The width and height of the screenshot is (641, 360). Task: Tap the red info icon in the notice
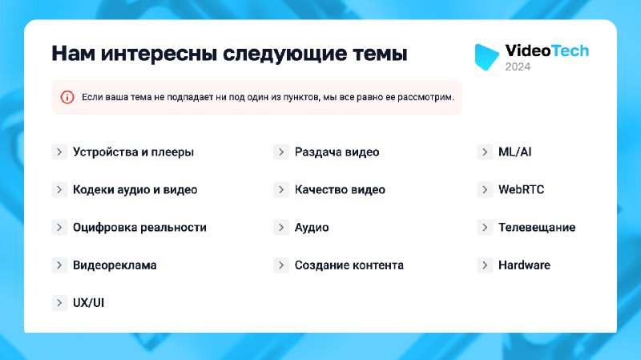pyautogui.click(x=67, y=97)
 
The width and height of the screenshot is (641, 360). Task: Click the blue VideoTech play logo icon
pyautogui.click(x=486, y=56)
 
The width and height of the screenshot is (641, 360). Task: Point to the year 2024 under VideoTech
pyautogui.click(x=518, y=67)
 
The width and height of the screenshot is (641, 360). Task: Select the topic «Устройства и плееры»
pyautogui.click(x=133, y=152)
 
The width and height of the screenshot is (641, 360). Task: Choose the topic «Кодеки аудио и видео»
pyautogui.click(x=135, y=190)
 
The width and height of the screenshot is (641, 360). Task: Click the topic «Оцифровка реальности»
pyautogui.click(x=139, y=228)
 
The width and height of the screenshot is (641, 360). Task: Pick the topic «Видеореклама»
pyautogui.click(x=115, y=265)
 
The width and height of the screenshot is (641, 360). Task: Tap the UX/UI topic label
pyautogui.click(x=88, y=303)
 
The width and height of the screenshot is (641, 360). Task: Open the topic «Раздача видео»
pyautogui.click(x=337, y=152)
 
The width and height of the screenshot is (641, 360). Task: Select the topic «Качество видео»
pyautogui.click(x=340, y=190)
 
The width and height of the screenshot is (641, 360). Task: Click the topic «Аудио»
pyautogui.click(x=312, y=228)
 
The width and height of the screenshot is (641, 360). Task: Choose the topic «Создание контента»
pyautogui.click(x=349, y=265)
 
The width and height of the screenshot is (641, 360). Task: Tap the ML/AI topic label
pyautogui.click(x=514, y=152)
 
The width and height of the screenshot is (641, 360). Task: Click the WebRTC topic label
pyautogui.click(x=522, y=190)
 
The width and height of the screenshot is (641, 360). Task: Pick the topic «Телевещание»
pyautogui.click(x=537, y=228)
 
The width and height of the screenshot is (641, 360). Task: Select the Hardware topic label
pyautogui.click(x=524, y=265)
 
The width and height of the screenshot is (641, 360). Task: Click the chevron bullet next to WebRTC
pyautogui.click(x=485, y=190)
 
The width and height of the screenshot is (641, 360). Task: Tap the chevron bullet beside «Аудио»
pyautogui.click(x=281, y=228)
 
